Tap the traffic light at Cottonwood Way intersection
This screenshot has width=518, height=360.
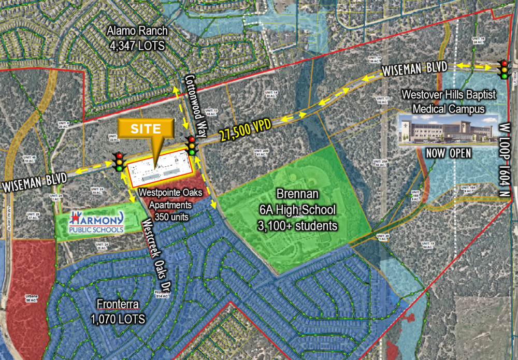(192, 146)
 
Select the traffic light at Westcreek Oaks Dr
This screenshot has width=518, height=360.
(120, 162)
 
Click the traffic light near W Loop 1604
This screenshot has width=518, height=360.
(503, 69)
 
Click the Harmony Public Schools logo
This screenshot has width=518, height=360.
(97, 222)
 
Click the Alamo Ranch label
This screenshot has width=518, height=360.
(137, 32)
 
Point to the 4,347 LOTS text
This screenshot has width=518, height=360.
(137, 46)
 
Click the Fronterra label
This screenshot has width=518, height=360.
(118, 304)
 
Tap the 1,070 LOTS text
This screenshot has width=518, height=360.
(118, 317)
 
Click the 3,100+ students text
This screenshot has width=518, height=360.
(297, 226)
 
